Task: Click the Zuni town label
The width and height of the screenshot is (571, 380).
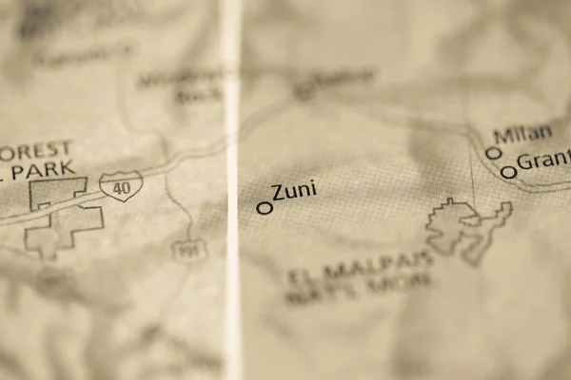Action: click(x=294, y=192)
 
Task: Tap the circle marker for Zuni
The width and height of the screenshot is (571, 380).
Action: click(x=265, y=207)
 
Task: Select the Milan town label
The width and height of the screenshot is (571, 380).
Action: click(x=522, y=135)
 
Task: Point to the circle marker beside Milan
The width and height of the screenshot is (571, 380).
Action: click(x=493, y=153)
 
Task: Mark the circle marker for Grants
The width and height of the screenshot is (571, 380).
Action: click(x=509, y=172)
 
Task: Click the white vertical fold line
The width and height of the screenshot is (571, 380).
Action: click(x=231, y=190)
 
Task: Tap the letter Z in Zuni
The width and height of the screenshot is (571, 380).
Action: click(x=279, y=194)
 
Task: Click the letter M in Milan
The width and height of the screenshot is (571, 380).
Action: click(x=502, y=136)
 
